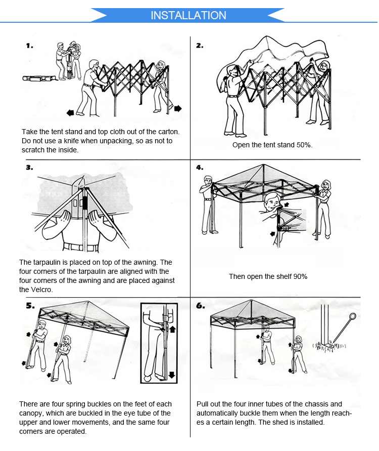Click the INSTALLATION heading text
pyautogui.click(x=188, y=16)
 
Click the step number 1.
pyautogui.click(x=30, y=46)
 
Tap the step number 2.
pyautogui.click(x=200, y=46)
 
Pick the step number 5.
pyautogui.click(x=30, y=306)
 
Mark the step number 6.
pyautogui.click(x=200, y=306)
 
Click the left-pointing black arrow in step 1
pyautogui.click(x=70, y=112)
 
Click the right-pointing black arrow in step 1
pyautogui.click(x=178, y=108)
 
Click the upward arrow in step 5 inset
pyautogui.click(x=172, y=329)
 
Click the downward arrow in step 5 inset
pyautogui.click(x=172, y=375)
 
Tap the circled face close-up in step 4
pyautogui.click(x=273, y=202)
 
